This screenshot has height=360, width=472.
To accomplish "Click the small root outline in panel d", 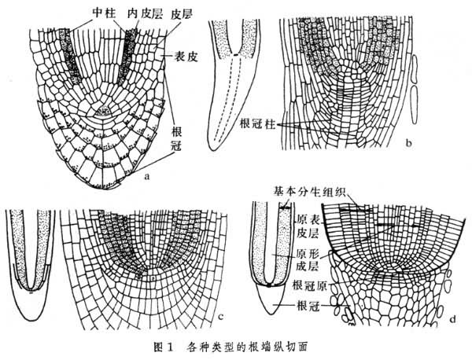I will tap(267, 259).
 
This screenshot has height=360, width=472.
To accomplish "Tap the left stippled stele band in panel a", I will tap(75, 55).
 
